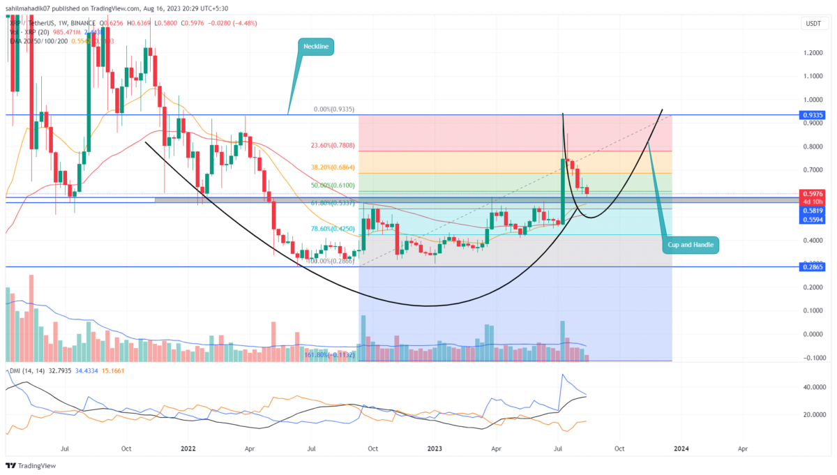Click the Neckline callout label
click(x=317, y=47)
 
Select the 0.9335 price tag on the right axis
click(x=812, y=114)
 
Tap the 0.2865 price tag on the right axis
click(x=812, y=267)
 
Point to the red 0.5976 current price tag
click(x=812, y=195)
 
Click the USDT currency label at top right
click(x=813, y=24)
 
